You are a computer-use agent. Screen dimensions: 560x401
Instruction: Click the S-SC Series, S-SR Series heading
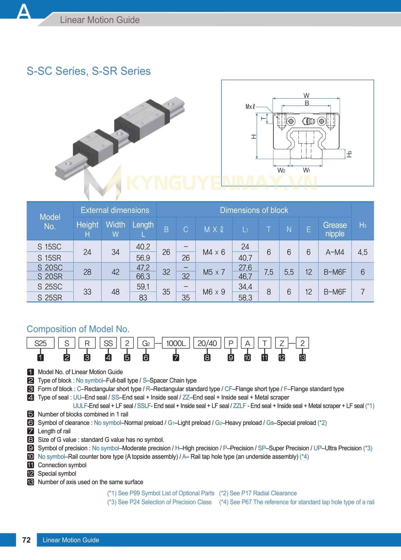pos(89,71)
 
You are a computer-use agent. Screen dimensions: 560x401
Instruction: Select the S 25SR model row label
pos(50,298)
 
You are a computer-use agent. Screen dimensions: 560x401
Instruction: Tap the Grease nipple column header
pos(335,229)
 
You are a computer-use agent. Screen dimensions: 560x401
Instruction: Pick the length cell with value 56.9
pos(143,258)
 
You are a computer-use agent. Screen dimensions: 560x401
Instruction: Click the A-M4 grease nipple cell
pos(335,252)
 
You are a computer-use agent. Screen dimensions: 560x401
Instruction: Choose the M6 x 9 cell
pos(214,292)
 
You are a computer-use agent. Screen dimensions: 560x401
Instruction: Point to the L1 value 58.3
pos(245,298)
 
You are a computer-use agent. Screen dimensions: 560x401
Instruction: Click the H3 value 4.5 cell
pos(362,252)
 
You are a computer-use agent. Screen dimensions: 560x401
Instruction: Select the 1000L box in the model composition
pos(176,343)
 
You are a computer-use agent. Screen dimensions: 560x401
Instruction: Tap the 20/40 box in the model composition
pos(207,343)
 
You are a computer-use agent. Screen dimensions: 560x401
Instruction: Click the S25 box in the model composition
pos(40,343)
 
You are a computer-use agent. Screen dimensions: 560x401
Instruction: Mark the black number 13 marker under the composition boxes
pos(302,358)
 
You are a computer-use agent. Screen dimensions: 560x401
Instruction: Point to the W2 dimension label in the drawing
pos(281,170)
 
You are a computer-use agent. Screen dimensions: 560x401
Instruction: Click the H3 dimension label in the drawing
pos(349,154)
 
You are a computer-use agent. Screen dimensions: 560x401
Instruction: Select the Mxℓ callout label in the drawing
pos(250,107)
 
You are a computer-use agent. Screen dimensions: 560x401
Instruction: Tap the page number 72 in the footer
pos(26,540)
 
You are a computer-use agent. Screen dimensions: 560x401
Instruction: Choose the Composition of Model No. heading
pos(78,329)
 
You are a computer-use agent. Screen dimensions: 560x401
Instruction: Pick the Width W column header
pos(115,229)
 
